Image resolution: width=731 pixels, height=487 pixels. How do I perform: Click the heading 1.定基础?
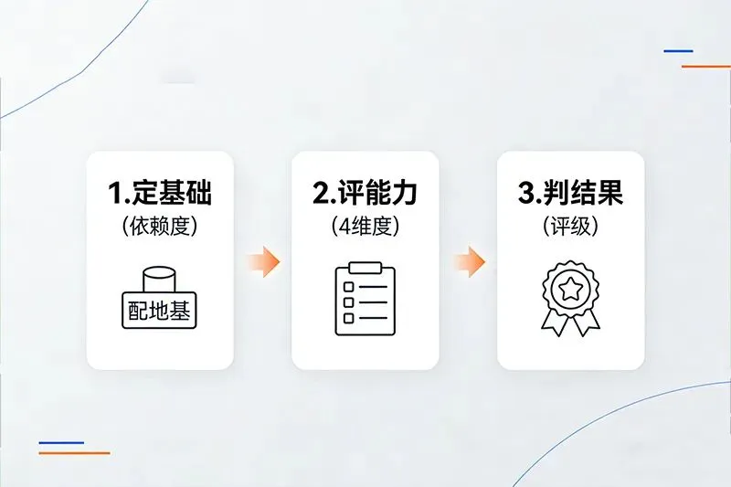[160, 194]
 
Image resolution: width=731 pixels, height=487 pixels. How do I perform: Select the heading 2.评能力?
[365, 194]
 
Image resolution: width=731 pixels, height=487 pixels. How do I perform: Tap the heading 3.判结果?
[570, 194]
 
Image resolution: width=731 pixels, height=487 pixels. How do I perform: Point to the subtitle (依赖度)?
[160, 227]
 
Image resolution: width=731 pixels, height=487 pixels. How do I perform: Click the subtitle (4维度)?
[365, 227]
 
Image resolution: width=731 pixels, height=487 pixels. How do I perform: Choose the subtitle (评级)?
[570, 227]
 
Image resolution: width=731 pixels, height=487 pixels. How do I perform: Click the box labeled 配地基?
[160, 311]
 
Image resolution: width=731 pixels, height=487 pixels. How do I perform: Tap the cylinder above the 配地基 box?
[161, 280]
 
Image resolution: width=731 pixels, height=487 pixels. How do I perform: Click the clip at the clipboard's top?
[365, 268]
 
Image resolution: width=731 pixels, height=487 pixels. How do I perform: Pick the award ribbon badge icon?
[570, 297]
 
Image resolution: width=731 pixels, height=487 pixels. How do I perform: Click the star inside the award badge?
[570, 290]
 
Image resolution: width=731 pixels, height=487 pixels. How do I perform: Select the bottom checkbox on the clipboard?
[348, 317]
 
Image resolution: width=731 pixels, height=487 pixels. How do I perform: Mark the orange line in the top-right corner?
[705, 67]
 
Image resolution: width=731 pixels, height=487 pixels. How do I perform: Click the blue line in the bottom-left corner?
[61, 442]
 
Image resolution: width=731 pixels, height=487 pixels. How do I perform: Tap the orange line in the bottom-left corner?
[74, 453]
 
